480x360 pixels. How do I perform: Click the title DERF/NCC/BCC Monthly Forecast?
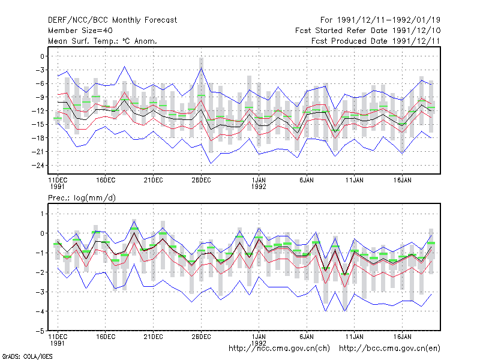pos(112,20)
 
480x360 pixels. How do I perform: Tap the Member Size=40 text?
pos(80,31)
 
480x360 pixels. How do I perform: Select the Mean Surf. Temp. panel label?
pos(102,41)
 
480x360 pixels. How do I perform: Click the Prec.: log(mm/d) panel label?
pos(82,198)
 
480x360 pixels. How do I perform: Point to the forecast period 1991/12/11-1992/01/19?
pos(380,20)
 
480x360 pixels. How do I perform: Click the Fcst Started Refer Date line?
pos(368,31)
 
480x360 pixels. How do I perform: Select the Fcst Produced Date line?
pos(376,41)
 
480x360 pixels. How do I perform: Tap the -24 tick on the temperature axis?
pos(38,166)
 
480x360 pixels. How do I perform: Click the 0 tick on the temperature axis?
pos(42,56)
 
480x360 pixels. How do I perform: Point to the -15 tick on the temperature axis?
pos(38,124)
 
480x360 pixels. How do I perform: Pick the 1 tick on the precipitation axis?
pos(42,214)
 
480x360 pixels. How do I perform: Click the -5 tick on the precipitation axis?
pos(40,331)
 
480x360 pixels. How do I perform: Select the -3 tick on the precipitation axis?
pos(40,292)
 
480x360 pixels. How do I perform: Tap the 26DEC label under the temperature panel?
pos(201,180)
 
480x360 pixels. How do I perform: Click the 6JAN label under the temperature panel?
pos(307,180)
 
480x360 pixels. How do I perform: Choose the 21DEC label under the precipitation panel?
pos(154,337)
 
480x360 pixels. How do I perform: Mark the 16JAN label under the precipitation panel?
pos(402,337)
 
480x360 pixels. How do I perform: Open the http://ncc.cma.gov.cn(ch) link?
pos(279,349)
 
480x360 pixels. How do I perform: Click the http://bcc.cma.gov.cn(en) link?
pos(389,349)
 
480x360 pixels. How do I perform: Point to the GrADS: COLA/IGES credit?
pos(27,356)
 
